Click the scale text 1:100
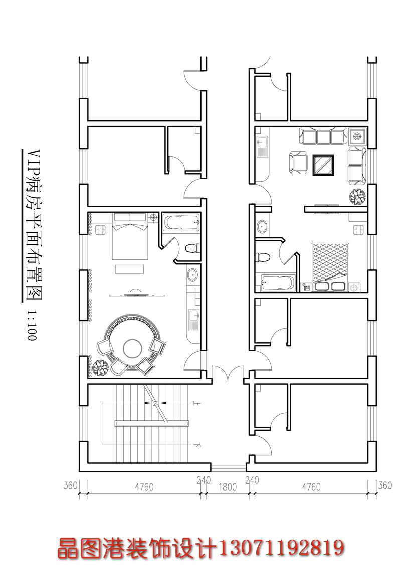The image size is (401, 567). point(32,325)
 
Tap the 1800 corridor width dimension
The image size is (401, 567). point(227,487)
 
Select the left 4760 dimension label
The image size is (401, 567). point(144,487)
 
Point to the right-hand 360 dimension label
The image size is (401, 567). point(385,485)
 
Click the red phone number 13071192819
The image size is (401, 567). point(281,548)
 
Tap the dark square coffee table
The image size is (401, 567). point(323,165)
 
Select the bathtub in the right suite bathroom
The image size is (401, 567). point(278,282)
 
